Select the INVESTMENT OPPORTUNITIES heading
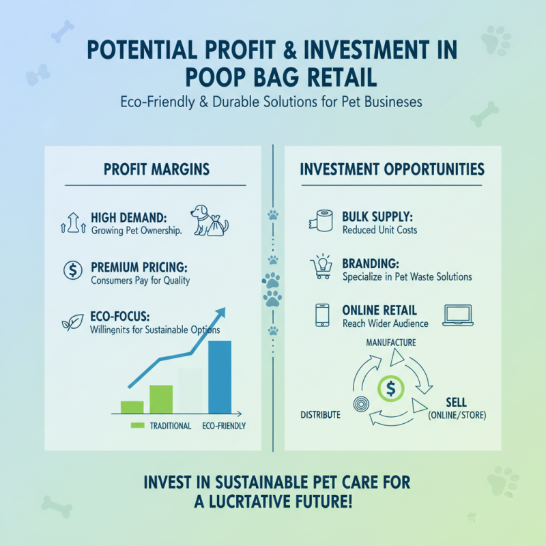392,169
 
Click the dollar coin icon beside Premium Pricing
72,270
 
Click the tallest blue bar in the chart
220,377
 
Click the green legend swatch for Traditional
137,426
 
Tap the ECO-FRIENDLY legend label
224,426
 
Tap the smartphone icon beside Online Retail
322,315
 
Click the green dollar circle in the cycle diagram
390,388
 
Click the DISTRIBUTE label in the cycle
320,415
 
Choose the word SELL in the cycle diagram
456,401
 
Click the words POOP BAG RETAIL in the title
273,76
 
